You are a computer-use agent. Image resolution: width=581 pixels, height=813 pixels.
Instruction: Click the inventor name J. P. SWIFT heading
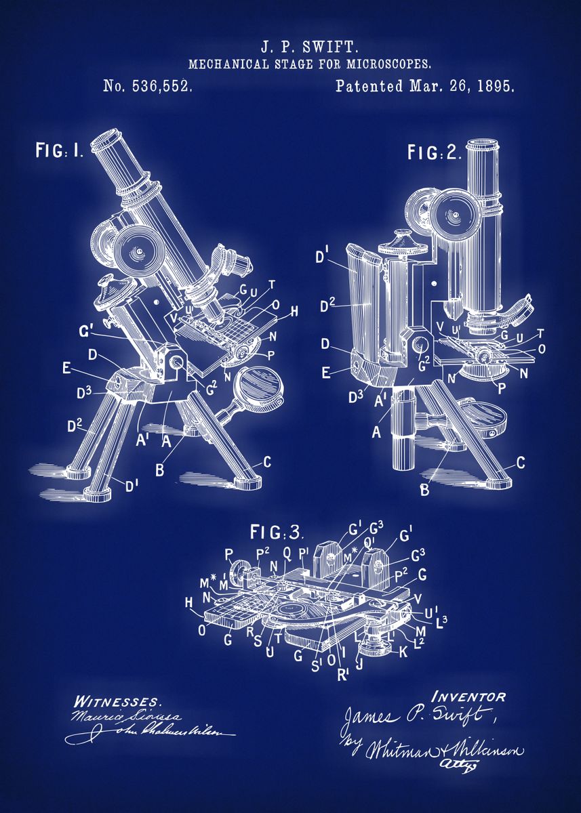[x=310, y=47]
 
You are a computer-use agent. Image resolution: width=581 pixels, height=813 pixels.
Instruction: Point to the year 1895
[x=494, y=86]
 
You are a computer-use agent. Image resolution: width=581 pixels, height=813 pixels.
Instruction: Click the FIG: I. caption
[x=59, y=150]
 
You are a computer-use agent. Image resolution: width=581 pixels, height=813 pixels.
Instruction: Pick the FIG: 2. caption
[x=435, y=152]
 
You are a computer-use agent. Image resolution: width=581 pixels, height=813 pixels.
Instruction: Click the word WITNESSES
[x=117, y=701]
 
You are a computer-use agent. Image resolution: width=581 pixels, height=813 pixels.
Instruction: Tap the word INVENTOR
[x=468, y=696]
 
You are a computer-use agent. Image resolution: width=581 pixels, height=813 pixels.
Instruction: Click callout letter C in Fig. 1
[x=266, y=462]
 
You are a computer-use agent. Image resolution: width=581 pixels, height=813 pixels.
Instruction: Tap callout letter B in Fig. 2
[x=424, y=489]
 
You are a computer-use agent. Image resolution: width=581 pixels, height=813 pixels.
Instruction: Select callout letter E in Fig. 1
[x=66, y=367]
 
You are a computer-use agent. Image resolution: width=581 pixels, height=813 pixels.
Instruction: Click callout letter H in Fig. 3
[x=189, y=602]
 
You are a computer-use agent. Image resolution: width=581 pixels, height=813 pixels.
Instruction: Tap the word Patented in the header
[x=369, y=86]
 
